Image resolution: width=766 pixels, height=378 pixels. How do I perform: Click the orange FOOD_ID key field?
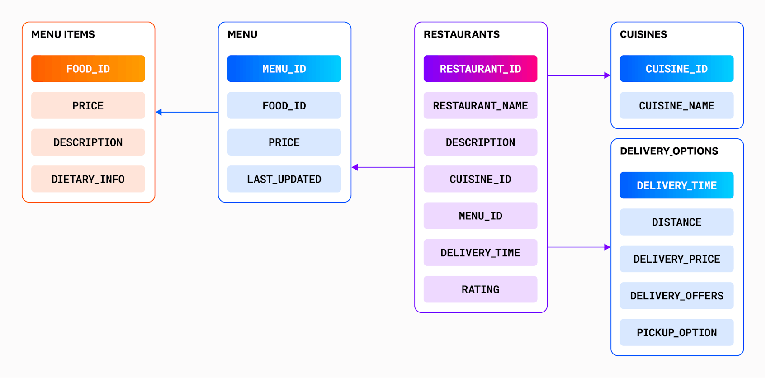(x=88, y=69)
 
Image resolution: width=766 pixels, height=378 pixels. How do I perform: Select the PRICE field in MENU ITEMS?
(x=88, y=105)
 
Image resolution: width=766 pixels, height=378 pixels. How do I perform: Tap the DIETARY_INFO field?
(x=88, y=179)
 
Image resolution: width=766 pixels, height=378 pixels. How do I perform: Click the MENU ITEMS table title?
(x=63, y=34)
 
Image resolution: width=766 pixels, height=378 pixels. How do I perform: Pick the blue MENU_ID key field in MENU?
(x=284, y=69)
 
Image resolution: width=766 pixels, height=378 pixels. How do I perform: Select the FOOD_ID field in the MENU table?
(x=284, y=105)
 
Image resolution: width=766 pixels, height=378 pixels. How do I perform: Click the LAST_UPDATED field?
(x=284, y=179)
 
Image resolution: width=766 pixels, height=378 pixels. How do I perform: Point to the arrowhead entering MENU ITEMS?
(x=159, y=112)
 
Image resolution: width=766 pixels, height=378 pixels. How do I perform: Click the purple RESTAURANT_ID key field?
(x=480, y=69)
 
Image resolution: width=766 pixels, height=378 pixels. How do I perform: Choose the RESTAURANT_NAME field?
(x=480, y=105)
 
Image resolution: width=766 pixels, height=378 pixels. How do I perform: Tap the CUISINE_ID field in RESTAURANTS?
(x=480, y=179)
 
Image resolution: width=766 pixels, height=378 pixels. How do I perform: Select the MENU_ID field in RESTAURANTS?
(x=480, y=216)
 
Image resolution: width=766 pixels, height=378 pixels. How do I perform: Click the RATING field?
(x=480, y=289)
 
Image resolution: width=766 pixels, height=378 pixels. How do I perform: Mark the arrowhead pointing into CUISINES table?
(x=607, y=76)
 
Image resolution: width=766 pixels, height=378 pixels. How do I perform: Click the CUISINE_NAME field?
(x=676, y=105)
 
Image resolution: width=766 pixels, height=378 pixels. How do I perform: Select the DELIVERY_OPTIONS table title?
(x=669, y=151)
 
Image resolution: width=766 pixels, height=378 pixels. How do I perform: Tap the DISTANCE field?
(x=676, y=222)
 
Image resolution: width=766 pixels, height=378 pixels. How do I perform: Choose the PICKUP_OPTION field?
(x=676, y=332)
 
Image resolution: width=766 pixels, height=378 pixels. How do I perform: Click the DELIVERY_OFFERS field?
(x=676, y=296)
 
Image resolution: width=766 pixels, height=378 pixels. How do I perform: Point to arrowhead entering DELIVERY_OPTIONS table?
(x=607, y=247)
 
